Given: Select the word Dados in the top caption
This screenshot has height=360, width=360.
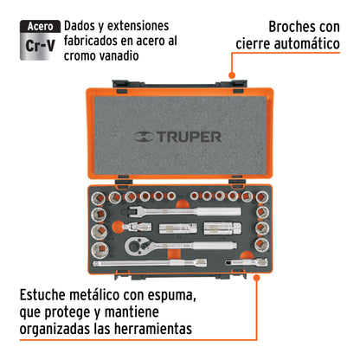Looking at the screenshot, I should point(84,26).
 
